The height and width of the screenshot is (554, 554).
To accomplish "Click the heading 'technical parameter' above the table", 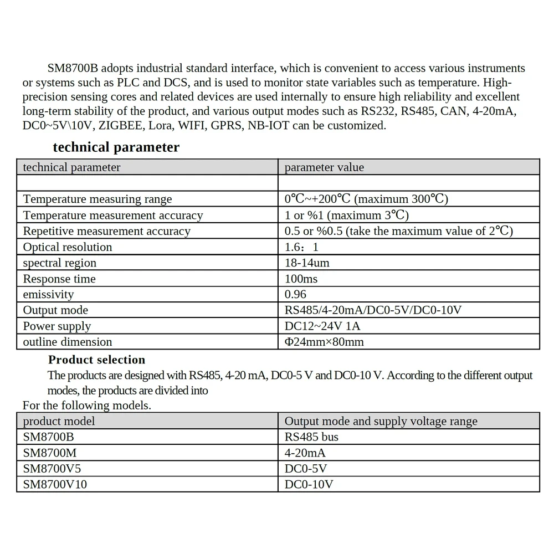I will (x=116, y=147).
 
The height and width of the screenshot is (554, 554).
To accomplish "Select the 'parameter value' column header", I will (x=324, y=167).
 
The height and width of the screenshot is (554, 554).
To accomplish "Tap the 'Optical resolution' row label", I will (x=68, y=247).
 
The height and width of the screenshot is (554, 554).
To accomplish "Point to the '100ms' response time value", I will (x=301, y=279).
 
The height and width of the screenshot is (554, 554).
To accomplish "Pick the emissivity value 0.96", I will (x=295, y=294).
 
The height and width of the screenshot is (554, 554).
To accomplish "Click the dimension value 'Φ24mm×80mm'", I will (x=324, y=342).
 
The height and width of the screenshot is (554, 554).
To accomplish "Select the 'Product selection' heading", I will (x=96, y=360).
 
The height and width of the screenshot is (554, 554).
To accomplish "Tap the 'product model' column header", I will (x=59, y=421).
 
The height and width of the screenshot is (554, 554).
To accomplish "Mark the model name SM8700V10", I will (x=55, y=484).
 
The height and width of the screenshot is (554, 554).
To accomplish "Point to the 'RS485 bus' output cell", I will (x=311, y=437).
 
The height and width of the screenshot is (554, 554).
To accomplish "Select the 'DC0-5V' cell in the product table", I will (x=306, y=468).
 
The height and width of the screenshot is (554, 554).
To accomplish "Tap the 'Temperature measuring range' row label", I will (x=98, y=199).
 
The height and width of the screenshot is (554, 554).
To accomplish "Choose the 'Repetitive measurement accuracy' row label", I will (x=106, y=231).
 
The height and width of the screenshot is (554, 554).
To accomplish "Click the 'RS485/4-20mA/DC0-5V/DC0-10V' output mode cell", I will (x=373, y=310).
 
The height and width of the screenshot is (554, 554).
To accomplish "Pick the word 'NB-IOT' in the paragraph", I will (x=271, y=126).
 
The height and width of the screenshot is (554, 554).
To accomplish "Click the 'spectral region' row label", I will (x=60, y=263).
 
